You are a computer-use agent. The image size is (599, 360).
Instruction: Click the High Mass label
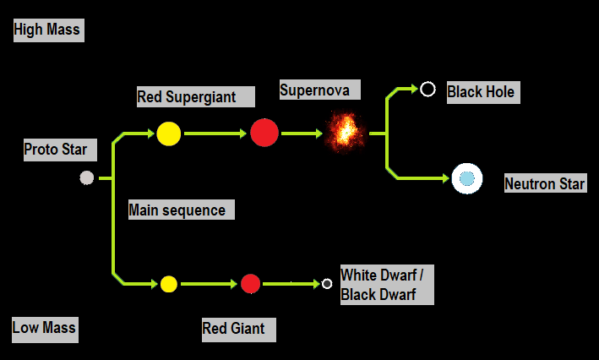[x=47, y=30]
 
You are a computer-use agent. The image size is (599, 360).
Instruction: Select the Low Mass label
[x=44, y=328]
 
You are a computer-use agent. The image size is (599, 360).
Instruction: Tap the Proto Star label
[x=56, y=150]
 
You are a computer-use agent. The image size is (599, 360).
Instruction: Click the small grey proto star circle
[x=86, y=177]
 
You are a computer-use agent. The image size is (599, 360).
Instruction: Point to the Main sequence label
[x=177, y=210]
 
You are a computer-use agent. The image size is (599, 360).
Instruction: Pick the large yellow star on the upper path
[x=168, y=134]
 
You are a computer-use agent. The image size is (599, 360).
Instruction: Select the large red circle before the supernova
[x=264, y=133]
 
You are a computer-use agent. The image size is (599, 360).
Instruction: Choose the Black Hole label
[x=481, y=91]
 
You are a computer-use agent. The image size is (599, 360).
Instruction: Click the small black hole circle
[x=427, y=88]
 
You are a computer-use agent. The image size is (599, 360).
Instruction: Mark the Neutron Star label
[x=544, y=184]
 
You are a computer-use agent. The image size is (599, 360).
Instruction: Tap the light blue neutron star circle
[x=466, y=178]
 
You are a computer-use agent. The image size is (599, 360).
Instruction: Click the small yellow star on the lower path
[x=168, y=284]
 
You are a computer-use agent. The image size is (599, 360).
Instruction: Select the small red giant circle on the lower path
[x=249, y=284]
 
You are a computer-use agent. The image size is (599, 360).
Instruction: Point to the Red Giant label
[x=233, y=329]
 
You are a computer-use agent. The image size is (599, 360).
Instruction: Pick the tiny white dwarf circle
[x=327, y=284]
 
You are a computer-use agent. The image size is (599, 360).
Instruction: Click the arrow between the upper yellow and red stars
[x=215, y=133]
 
